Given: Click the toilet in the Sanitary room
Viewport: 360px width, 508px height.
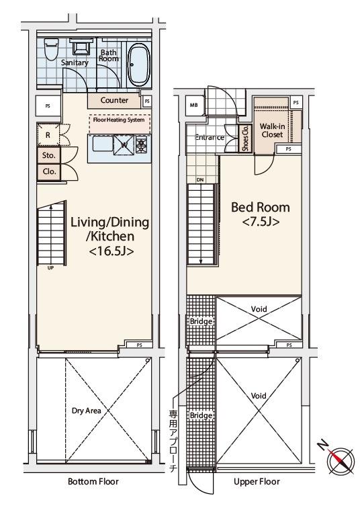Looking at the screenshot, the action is pos(50,49).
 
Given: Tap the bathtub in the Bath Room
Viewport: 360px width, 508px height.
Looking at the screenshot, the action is pos(138,64).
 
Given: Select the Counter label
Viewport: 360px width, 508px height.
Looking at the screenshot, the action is pos(114,100).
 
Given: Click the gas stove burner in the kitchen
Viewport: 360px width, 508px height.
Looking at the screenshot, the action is pos(142,145).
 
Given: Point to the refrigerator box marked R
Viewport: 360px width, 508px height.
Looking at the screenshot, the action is pos(48,135).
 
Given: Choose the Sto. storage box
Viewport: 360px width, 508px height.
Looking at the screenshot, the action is pos(48,155).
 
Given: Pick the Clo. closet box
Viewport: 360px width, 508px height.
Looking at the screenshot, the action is pos(48,172).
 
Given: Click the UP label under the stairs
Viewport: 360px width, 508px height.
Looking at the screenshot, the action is pos(51,268).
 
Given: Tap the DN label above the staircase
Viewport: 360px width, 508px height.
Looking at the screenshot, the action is pos(200,180).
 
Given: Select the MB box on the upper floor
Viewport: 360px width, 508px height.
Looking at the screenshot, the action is pos(194,105).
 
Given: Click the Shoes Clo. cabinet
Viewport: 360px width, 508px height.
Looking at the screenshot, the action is pos(245,138).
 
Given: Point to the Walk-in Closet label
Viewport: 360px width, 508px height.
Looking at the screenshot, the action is pos(272,130).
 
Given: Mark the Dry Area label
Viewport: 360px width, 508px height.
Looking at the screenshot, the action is pos(86,411).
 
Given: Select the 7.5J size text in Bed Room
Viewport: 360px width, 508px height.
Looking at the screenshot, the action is pos(261,222).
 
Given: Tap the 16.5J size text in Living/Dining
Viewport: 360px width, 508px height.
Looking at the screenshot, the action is pos(111,251).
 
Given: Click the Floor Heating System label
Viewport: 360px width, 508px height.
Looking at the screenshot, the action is pos(119,120).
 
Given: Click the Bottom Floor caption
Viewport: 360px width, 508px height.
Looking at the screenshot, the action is pos(93,481).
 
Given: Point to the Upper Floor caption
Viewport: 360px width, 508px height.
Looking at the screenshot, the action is pos(257,482).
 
